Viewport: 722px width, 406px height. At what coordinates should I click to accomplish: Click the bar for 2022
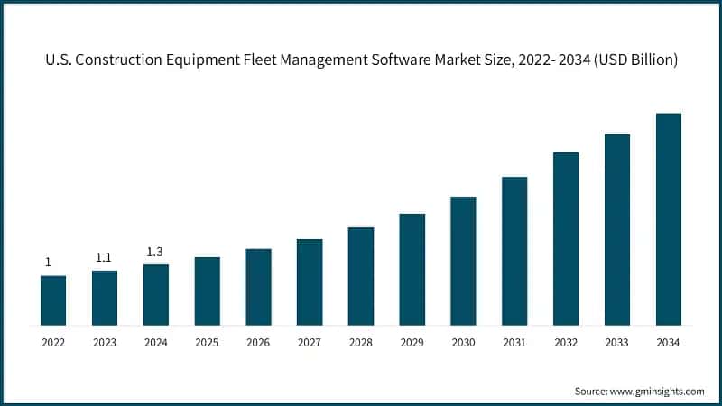coord(53,300)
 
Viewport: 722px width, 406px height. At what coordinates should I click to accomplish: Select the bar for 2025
coord(207,291)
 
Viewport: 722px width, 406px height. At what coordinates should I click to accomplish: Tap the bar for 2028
coord(361,276)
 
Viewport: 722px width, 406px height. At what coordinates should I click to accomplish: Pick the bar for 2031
coord(514,251)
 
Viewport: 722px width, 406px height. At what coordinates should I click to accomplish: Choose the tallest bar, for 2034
coord(668,219)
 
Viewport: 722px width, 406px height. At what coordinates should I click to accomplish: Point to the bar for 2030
coord(463,261)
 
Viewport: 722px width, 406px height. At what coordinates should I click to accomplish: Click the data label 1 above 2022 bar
coord(48,263)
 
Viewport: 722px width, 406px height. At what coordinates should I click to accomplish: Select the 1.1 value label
coord(104,258)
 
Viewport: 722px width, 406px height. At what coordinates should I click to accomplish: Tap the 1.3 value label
coord(155,252)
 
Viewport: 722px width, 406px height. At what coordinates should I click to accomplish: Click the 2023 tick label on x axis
coord(105,343)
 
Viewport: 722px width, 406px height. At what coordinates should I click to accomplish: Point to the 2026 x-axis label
coord(258,343)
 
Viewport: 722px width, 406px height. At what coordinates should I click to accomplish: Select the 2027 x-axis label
coord(310,343)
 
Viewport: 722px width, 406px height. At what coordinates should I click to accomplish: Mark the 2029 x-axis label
coord(412,343)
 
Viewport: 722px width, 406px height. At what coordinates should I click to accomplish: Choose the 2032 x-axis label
coord(566,343)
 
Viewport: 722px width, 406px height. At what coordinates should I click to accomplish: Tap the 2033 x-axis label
coord(616,343)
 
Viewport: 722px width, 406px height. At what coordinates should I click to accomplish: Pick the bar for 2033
coord(616,229)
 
